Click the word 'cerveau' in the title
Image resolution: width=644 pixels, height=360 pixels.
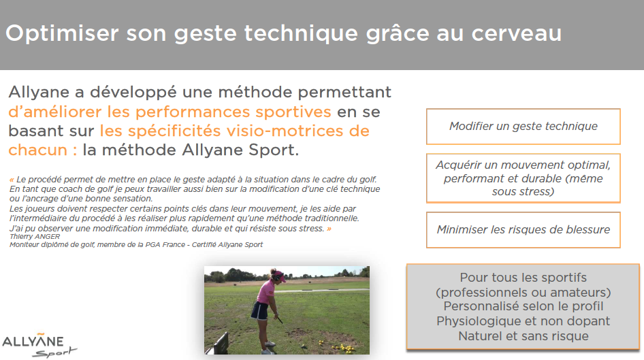(516, 33)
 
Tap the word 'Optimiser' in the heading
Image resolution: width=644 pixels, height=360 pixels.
(62, 33)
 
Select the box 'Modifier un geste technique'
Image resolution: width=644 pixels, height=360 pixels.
(524, 127)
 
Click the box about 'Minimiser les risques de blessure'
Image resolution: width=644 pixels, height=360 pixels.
(524, 230)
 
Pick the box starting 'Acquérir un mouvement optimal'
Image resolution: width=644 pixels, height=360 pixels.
(524, 178)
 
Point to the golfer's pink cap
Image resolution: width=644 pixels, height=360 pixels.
(279, 274)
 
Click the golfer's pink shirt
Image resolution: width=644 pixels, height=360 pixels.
(266, 292)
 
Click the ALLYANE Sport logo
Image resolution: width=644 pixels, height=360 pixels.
(39, 346)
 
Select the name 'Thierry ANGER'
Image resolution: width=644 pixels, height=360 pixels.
(35, 236)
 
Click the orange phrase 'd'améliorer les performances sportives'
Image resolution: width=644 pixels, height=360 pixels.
(170, 112)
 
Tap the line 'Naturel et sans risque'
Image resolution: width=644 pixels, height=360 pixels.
(524, 336)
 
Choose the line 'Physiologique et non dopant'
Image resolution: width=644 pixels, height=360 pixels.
(524, 321)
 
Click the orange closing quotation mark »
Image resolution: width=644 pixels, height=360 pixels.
(329, 229)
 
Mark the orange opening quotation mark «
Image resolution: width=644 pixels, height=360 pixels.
(12, 180)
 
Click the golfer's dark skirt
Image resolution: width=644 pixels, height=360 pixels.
(260, 311)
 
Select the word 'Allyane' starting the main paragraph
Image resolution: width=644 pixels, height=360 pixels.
(39, 93)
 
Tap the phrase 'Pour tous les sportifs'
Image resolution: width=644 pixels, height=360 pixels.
(524, 278)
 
